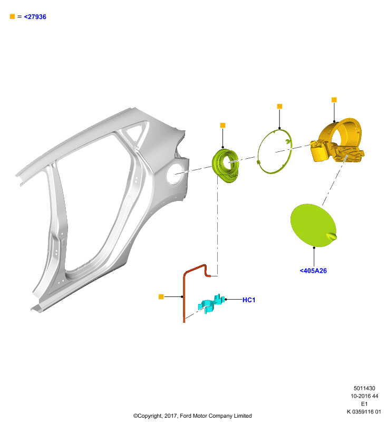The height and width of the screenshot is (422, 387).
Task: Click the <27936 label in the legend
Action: [35, 17]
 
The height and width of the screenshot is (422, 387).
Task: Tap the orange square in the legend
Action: [12, 16]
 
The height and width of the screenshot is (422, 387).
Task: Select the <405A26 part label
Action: [313, 271]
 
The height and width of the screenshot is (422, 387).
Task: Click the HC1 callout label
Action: [249, 300]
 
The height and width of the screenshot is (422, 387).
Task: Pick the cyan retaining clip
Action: [211, 304]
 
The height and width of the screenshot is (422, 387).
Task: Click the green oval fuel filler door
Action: [314, 225]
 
